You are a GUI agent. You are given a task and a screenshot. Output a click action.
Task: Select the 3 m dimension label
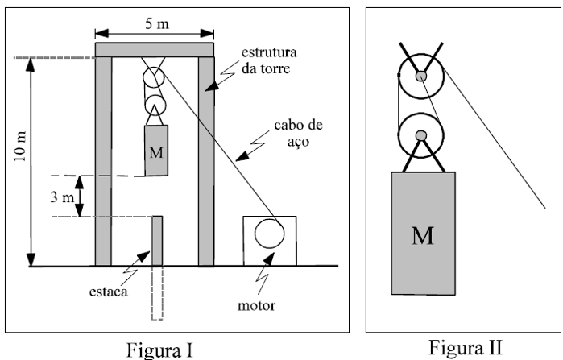(64, 196)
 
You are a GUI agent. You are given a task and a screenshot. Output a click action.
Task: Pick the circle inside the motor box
(269, 233)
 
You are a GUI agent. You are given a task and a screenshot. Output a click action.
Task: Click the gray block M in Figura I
(156, 151)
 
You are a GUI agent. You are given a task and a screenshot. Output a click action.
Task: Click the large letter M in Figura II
(420, 237)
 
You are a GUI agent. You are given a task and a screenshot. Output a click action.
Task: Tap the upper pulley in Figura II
(421, 77)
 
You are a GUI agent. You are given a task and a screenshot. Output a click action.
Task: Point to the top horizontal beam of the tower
(155, 50)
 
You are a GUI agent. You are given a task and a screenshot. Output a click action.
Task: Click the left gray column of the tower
(103, 161)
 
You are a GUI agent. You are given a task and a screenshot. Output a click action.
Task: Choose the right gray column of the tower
(206, 161)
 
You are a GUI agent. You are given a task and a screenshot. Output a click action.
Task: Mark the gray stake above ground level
(158, 240)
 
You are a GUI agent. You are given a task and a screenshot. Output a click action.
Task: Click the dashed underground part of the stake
(157, 293)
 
